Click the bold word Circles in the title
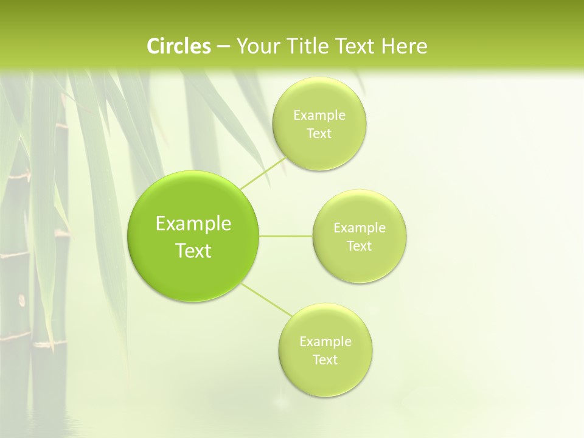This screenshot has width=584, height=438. click(x=178, y=46)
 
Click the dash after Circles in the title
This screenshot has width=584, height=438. click(x=223, y=46)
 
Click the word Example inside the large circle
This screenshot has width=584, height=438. click(x=193, y=223)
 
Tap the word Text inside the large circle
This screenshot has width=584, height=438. click(x=193, y=251)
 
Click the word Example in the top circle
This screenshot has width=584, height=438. click(x=319, y=115)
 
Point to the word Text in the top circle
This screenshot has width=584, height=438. click(x=319, y=133)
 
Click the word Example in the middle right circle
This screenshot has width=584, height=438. click(x=359, y=228)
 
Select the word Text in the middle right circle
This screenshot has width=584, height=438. click(x=359, y=246)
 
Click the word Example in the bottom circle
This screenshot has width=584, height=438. click(x=325, y=341)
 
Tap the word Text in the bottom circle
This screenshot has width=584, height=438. click(x=325, y=360)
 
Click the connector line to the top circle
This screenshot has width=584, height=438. click(x=263, y=173)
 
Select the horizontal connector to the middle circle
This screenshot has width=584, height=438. click(x=286, y=236)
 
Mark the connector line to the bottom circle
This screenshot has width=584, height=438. click(x=266, y=299)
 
